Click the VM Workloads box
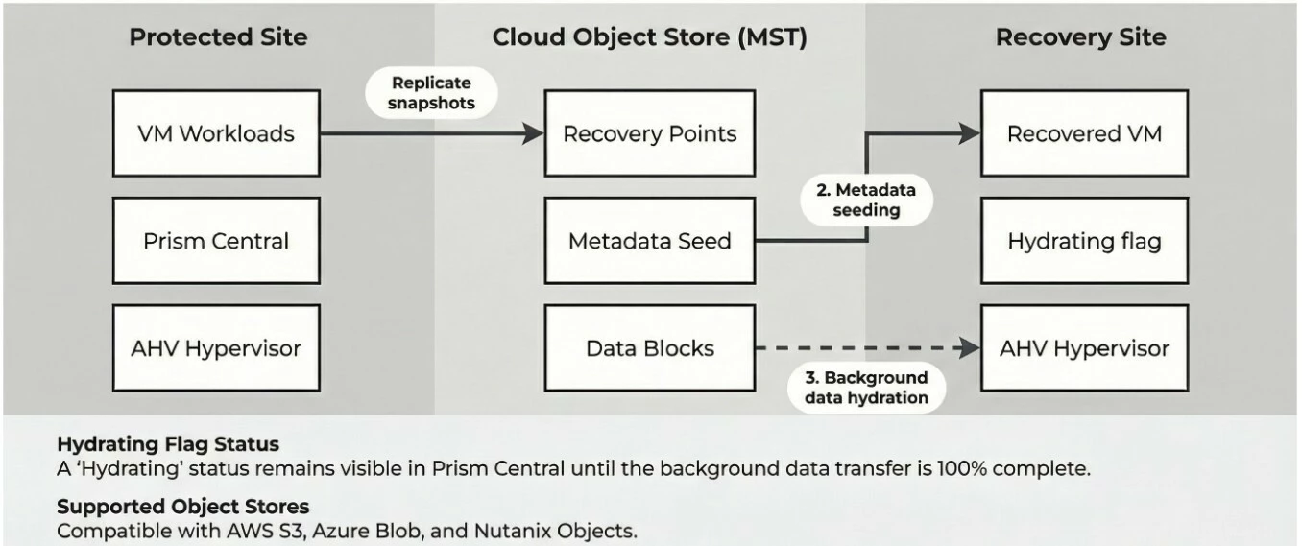tap(216, 133)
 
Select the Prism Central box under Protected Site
tap(216, 241)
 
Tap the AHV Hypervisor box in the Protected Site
tap(216, 348)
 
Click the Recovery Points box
tap(650, 133)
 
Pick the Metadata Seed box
tap(650, 241)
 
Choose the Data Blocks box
tap(650, 348)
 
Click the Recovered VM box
tap(1084, 133)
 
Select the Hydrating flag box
tap(1084, 241)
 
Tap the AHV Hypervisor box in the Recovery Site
tap(1084, 348)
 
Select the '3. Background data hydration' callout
tap(861, 388)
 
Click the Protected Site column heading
tap(218, 37)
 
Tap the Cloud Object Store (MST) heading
tap(649, 37)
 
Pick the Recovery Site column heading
tap(1080, 37)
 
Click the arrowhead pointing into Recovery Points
tap(533, 133)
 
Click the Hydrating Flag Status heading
tap(168, 445)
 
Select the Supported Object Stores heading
tap(183, 506)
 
